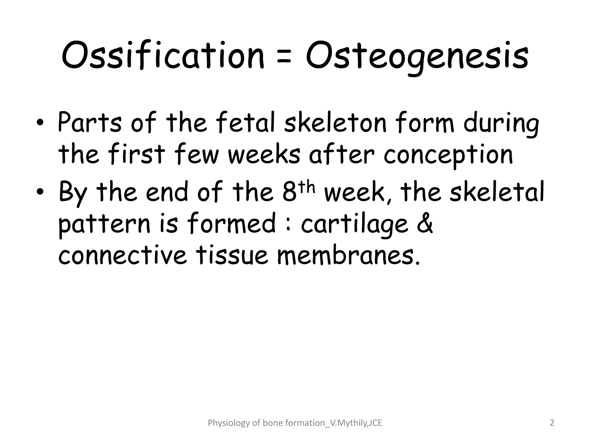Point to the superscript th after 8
(x=306, y=187)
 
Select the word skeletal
(x=497, y=192)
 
